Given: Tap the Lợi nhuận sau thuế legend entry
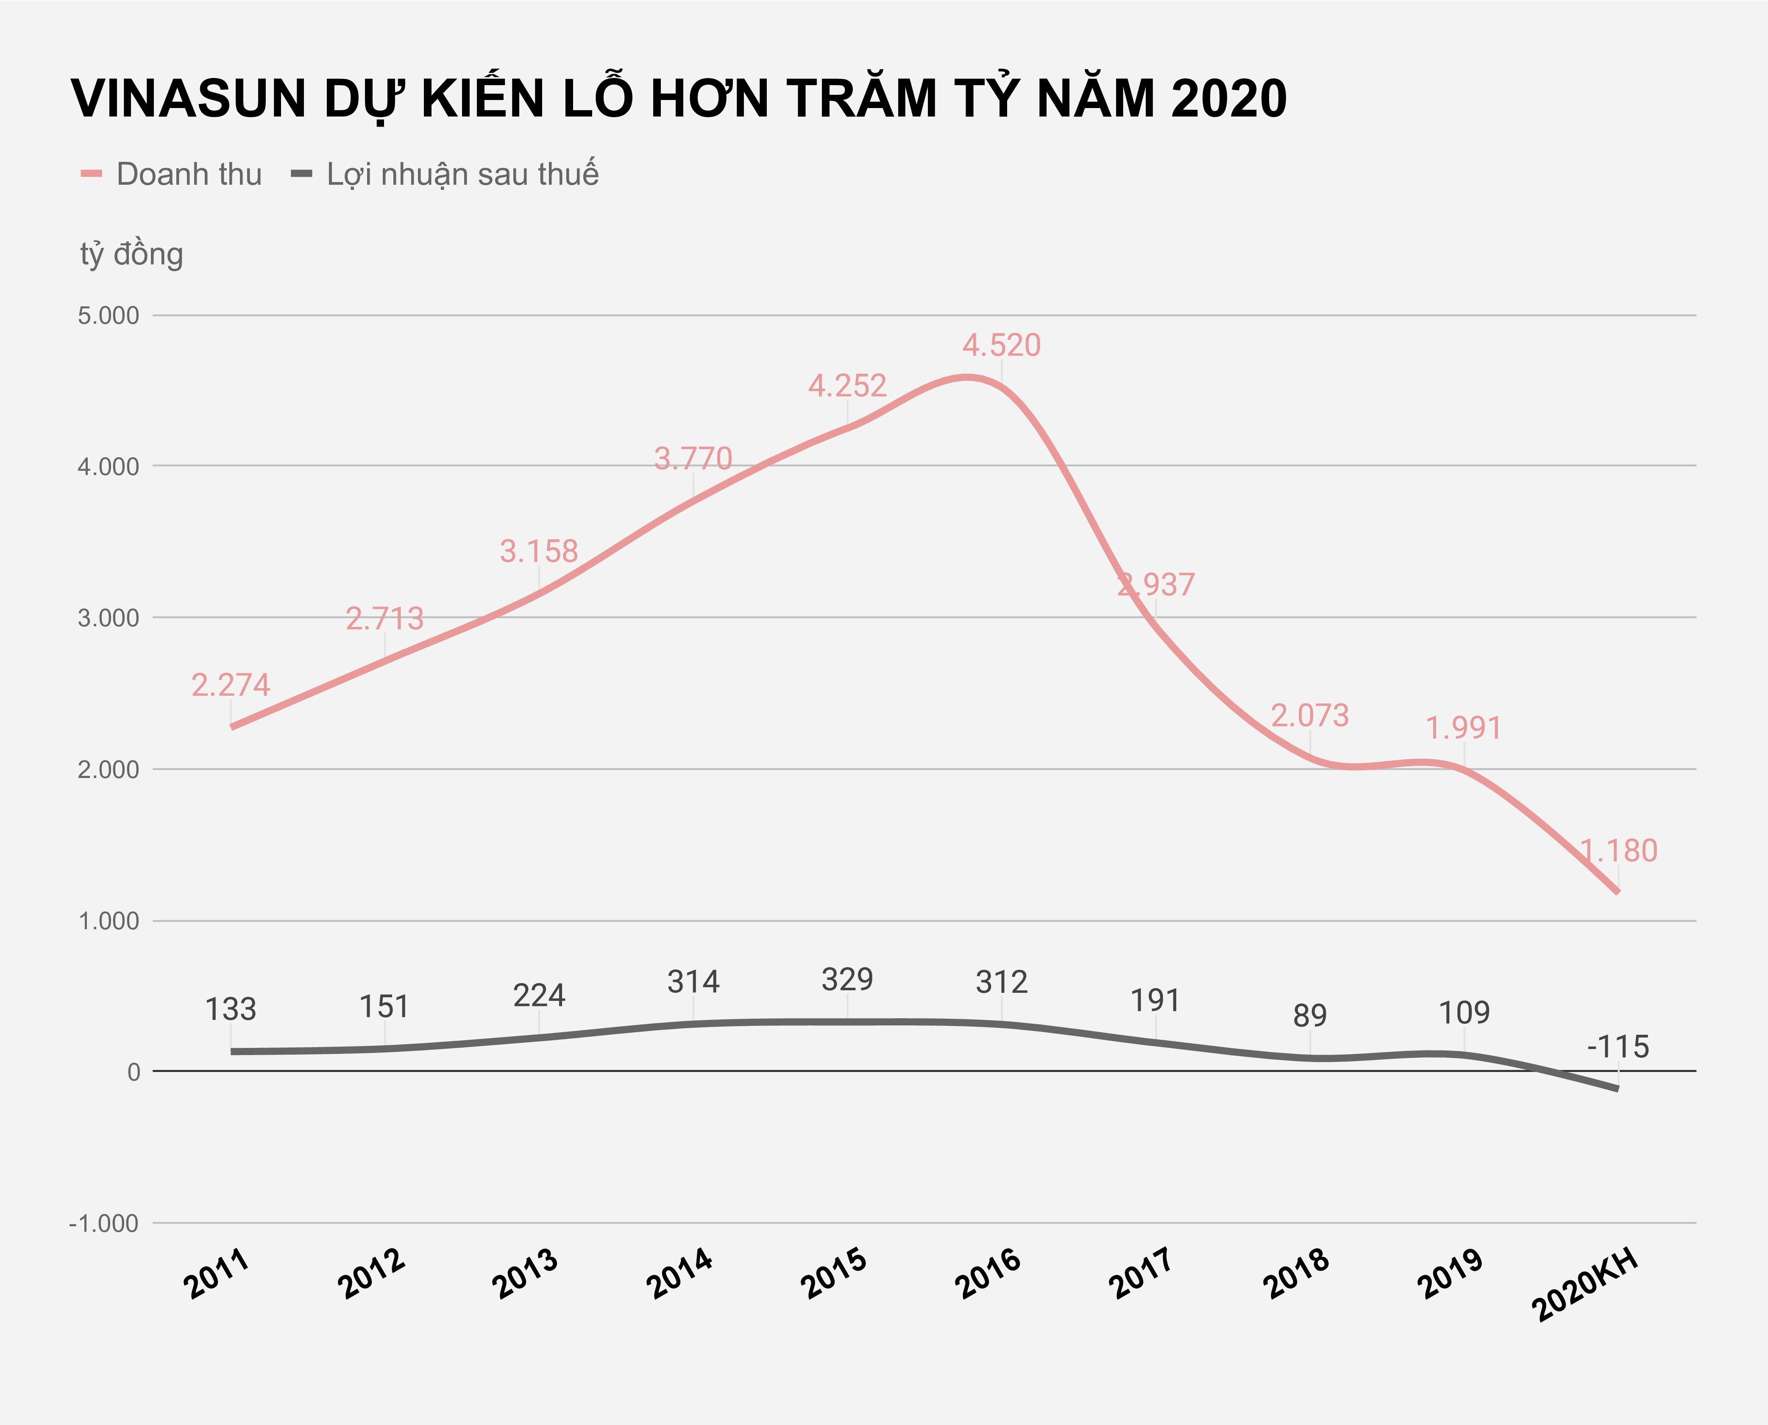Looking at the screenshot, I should (x=462, y=174).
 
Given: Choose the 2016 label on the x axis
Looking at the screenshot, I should (x=988, y=1274).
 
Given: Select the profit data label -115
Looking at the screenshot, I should (x=1618, y=1047).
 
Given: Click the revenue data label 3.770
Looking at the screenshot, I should (x=693, y=458).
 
